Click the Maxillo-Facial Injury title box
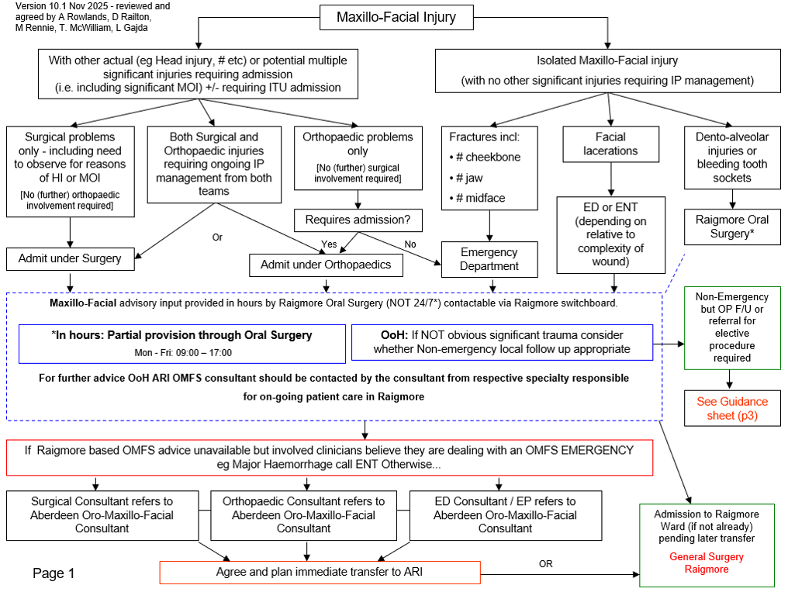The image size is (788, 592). [396, 17]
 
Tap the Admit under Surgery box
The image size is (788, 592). [70, 259]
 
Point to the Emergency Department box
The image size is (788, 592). [489, 259]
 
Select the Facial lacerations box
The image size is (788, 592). [610, 144]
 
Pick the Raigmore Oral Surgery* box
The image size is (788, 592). [731, 226]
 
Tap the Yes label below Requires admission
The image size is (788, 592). [329, 244]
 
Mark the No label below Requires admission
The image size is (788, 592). [410, 244]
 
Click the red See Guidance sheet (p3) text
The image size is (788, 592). [732, 408]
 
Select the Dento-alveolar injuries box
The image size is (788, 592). [731, 157]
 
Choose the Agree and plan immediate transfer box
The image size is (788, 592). [320, 573]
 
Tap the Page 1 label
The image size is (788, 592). [54, 573]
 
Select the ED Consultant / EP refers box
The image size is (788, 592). [505, 515]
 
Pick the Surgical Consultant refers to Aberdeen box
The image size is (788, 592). [102, 515]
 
